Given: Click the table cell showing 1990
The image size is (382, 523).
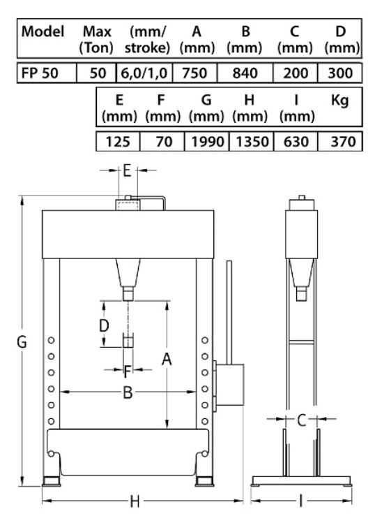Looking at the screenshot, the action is [206, 142].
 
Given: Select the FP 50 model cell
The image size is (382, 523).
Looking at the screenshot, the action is [47, 73].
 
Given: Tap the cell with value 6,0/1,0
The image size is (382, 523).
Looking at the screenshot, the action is [144, 73].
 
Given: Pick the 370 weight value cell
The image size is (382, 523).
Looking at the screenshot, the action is [340, 142].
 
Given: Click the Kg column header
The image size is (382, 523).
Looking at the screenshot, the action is [339, 100].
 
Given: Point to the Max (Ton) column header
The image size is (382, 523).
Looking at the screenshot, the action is [97, 40].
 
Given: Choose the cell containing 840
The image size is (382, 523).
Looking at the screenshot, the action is [245, 73].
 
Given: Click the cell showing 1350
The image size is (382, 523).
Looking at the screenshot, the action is [252, 142].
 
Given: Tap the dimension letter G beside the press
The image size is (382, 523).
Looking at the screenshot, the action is [22, 342].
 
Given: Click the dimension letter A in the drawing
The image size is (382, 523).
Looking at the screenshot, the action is [167, 359].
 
